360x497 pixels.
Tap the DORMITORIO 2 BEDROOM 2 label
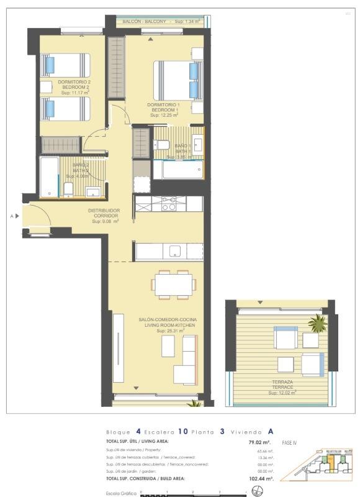[74, 84]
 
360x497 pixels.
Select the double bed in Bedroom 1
[177, 80]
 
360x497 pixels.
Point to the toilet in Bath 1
[163, 145]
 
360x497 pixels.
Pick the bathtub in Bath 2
[49, 176]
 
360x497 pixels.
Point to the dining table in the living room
[174, 285]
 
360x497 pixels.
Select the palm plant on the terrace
[317, 322]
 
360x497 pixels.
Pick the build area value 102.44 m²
[259, 479]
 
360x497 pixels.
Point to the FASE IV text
[290, 443]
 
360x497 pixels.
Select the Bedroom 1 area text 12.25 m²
[163, 115]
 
